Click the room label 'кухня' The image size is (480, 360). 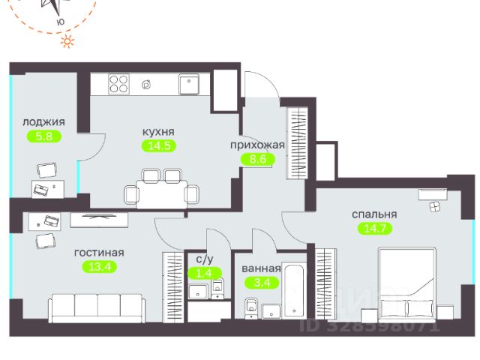click(x=158, y=131)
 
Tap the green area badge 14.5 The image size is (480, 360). click(x=158, y=145)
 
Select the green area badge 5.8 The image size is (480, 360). click(x=43, y=136)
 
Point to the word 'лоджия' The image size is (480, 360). click(x=43, y=122)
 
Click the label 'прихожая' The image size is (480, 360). click(x=257, y=145)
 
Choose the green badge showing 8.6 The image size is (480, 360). click(x=253, y=159)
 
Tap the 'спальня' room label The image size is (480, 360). click(x=374, y=214)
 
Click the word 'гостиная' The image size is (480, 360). click(x=98, y=253)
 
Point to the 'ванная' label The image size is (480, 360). click(x=261, y=268)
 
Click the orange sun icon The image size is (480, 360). click(x=69, y=42)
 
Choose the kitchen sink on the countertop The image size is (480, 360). click(x=189, y=83)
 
